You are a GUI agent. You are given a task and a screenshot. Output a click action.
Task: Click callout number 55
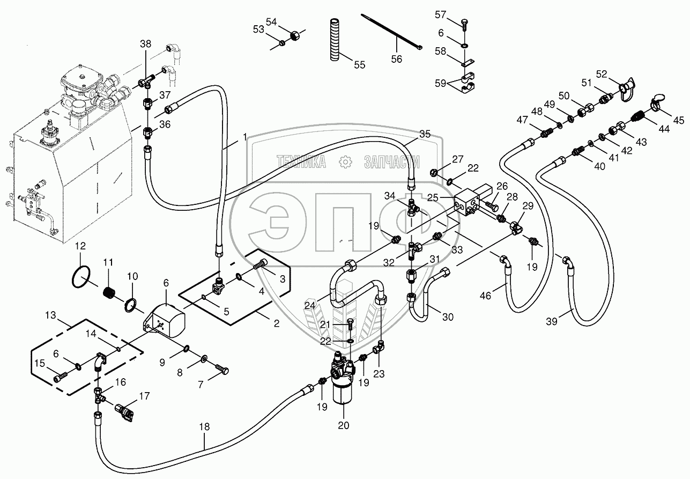click(359, 64)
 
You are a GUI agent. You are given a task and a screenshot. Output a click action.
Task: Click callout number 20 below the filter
click(343, 425)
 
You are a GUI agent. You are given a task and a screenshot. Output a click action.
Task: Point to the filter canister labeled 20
click(344, 389)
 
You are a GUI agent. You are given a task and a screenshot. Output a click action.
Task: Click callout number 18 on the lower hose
click(204, 427)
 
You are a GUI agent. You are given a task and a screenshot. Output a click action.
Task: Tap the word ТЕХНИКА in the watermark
click(301, 161)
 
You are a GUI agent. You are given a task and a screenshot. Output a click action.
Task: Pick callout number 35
click(425, 134)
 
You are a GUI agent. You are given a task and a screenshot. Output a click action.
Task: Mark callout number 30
click(448, 317)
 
